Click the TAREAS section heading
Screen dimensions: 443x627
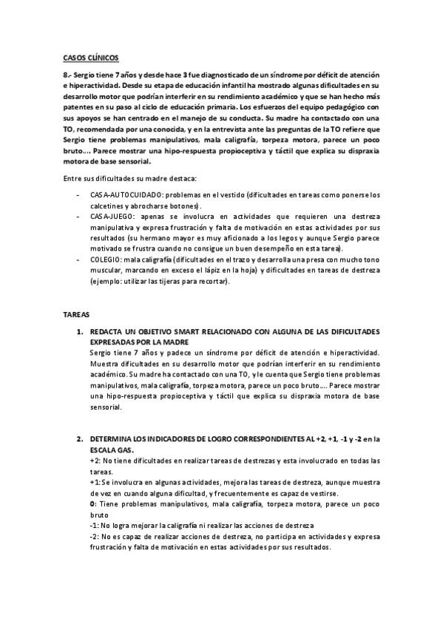tap(75, 313)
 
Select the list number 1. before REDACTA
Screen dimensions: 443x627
tap(81, 333)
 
